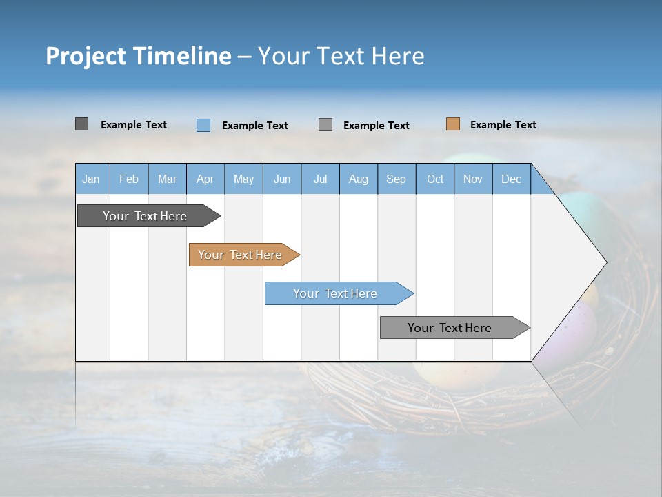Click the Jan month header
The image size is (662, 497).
92,179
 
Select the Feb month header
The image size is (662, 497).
129,179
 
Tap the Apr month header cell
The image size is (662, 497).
205,179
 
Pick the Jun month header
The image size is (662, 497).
282,179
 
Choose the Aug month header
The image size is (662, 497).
359,179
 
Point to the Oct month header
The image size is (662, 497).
435,179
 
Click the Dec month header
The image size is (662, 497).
512,179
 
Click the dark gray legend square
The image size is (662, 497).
81,124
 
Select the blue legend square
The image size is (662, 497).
203,125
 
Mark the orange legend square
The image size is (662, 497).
452,124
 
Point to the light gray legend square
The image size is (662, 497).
325,125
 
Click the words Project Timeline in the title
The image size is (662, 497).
139,56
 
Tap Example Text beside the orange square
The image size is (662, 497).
503,125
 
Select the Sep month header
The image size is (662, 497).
397,179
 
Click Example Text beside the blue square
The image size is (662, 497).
255,126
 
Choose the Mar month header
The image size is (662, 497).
168,179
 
